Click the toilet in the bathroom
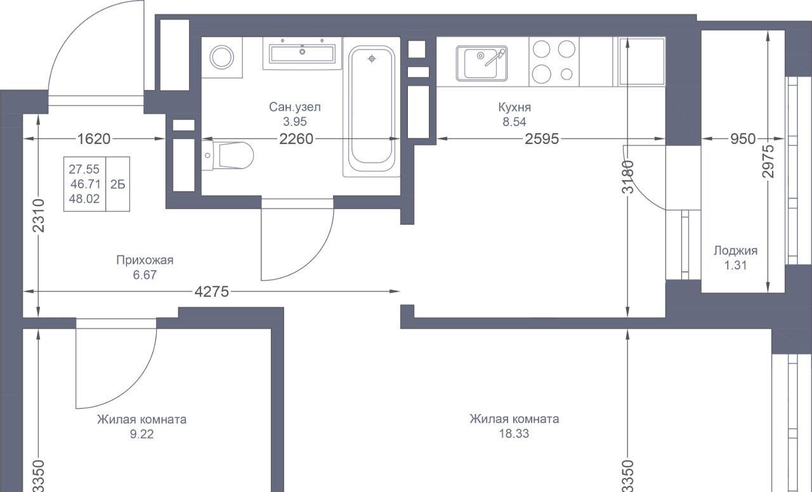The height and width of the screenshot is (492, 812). pos(228,155)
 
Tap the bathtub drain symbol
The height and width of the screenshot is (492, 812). pos(372,59)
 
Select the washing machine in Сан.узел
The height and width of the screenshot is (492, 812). pos(222,57)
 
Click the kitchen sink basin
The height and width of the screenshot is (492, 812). pos(481,63)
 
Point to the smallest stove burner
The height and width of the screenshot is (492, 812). pos(566,74)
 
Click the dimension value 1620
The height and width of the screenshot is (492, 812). pos(94,139)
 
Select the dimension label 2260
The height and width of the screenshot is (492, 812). pos(296,139)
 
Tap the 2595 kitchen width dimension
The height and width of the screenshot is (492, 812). pos(542,139)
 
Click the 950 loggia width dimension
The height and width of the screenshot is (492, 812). pos(743,139)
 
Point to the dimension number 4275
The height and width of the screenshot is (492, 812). pos(212,291)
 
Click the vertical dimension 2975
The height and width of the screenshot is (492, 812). pos(768,161)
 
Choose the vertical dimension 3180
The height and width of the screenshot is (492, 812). pos(628,177)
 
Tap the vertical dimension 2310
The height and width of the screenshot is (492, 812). pos(39,216)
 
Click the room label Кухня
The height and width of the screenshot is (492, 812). pos(514,107)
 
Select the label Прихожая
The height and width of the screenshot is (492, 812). pos(145,260)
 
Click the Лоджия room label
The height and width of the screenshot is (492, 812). pos(735,250)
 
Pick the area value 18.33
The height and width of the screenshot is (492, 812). pos(514,434)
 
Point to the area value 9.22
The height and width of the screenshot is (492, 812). pos(141,434)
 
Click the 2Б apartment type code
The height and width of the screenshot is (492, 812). pos(118,184)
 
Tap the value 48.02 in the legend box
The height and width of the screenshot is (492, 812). pos(84,199)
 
